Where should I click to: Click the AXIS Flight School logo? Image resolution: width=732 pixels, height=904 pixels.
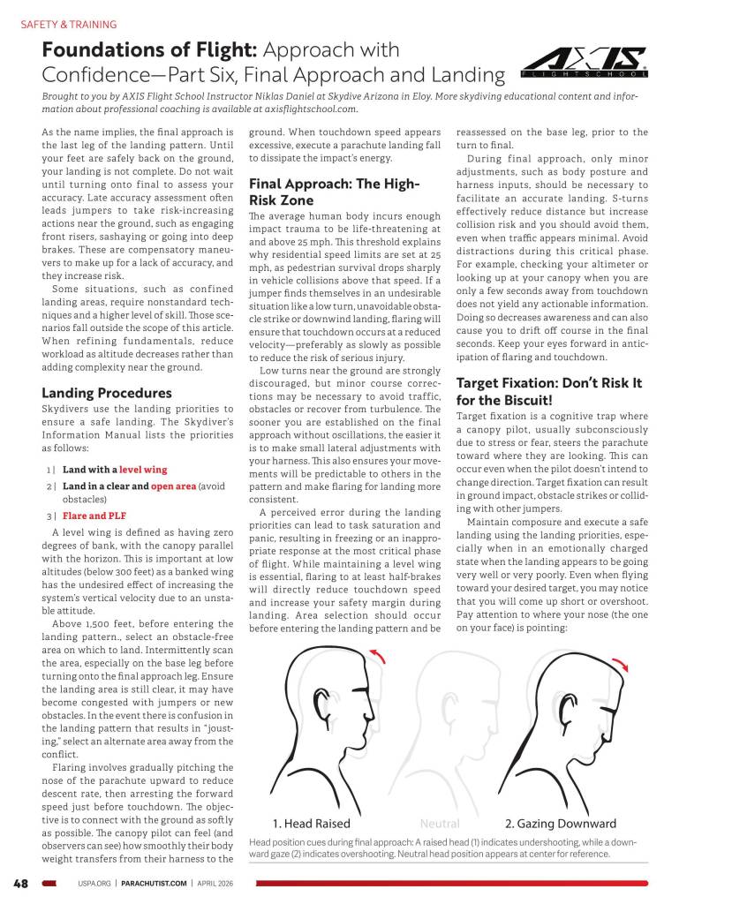click(584, 63)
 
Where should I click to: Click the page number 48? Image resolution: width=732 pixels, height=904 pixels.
click(21, 882)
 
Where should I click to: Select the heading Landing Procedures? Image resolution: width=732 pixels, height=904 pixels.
click(107, 393)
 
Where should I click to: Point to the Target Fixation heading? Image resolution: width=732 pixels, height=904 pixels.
click(548, 391)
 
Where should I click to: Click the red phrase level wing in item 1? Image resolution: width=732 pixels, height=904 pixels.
click(143, 470)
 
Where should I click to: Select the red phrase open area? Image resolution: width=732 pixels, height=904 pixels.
click(174, 486)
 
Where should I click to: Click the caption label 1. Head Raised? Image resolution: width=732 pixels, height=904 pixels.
click(316, 823)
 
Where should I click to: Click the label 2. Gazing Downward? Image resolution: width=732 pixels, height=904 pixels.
click(560, 823)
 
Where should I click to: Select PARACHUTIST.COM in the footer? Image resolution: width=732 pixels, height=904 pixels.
click(154, 882)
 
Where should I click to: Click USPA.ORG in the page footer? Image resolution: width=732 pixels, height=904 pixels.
click(92, 882)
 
